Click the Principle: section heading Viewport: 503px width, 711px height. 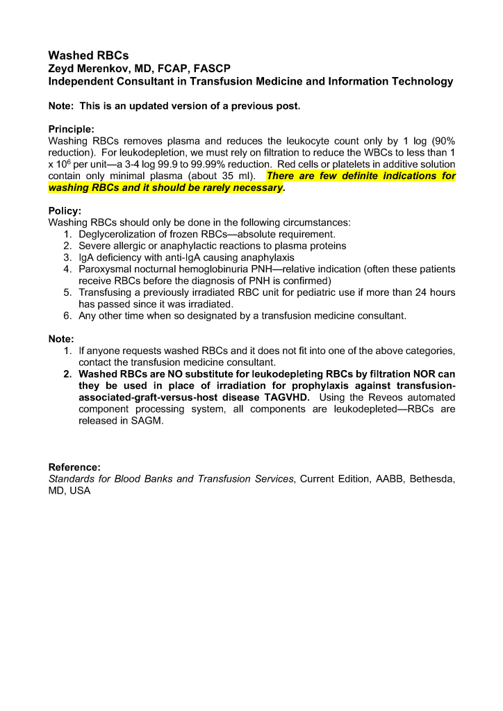coord(71,128)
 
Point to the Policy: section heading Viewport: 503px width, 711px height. coord(65,210)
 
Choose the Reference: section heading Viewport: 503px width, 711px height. coord(74,467)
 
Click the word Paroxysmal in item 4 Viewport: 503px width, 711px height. coord(104,269)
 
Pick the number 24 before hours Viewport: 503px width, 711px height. coord(413,292)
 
